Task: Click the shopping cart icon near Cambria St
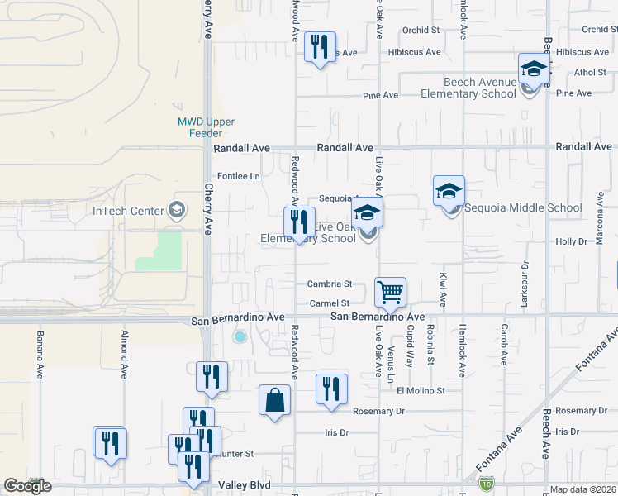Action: point(390,291)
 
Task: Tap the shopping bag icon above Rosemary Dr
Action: point(274,400)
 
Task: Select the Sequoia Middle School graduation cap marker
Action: point(449,191)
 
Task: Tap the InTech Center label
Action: point(128,210)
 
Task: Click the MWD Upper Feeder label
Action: point(200,127)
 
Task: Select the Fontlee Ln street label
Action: point(238,176)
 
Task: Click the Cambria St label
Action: point(330,284)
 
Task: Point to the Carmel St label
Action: point(330,303)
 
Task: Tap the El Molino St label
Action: point(421,390)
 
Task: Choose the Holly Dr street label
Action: point(570,241)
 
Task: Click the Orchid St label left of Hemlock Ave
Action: point(421,31)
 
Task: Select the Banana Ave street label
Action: point(39,355)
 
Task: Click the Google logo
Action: point(27,486)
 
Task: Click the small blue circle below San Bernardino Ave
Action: point(240,336)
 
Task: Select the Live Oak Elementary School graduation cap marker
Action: point(367,214)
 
